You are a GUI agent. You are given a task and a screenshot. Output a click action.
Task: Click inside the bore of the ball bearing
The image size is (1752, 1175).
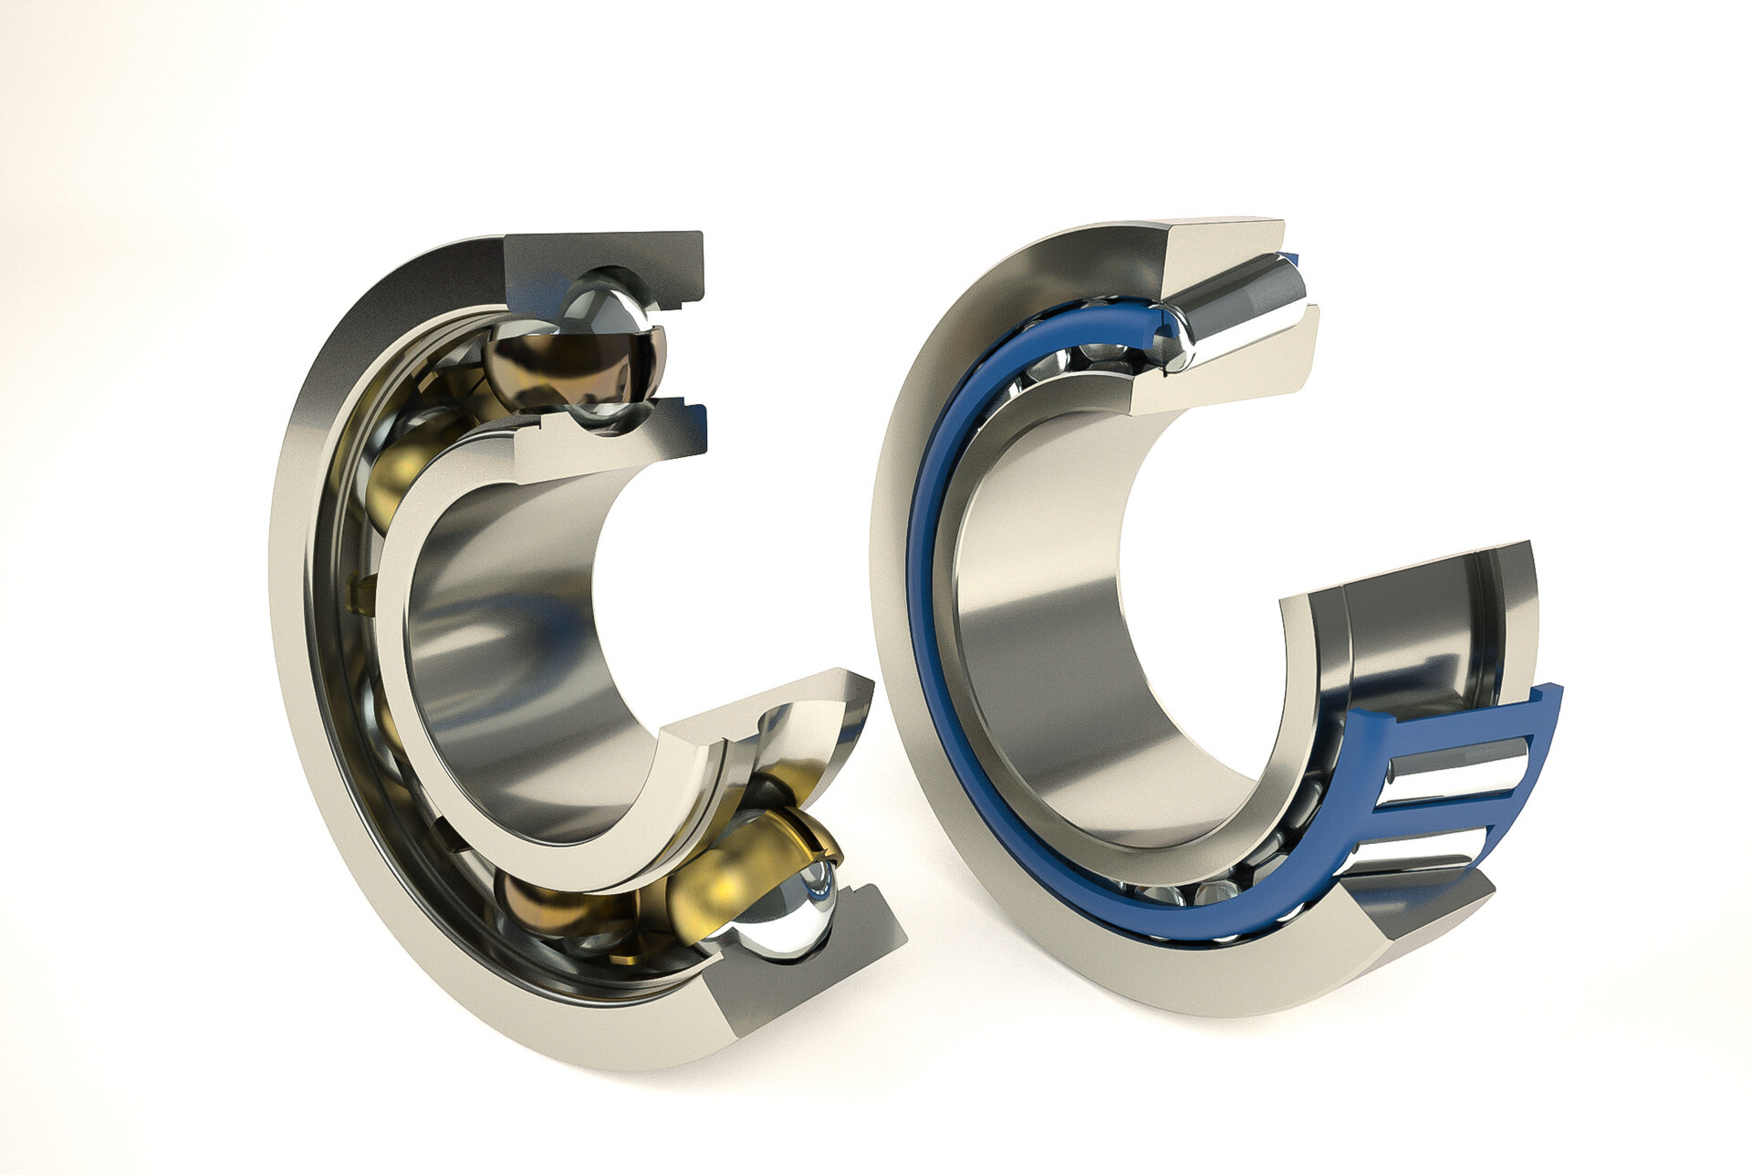(511, 639)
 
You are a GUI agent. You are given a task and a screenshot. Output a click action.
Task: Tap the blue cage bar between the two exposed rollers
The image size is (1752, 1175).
(1433, 807)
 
